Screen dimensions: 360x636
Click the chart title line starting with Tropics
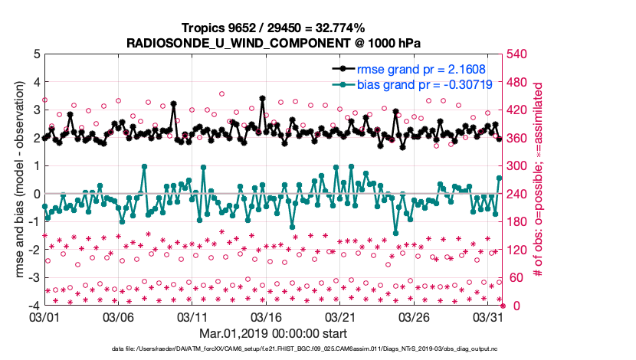(x=273, y=28)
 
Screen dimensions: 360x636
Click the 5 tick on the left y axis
(x=35, y=54)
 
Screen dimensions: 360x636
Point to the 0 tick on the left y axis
(x=35, y=194)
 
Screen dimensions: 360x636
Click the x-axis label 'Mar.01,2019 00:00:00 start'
(x=273, y=333)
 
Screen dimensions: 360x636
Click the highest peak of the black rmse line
(x=262, y=98)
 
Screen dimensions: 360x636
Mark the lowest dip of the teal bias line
(x=395, y=233)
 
